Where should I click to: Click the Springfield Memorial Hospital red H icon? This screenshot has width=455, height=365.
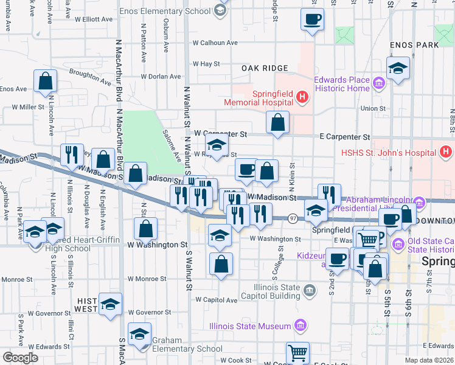(301, 96)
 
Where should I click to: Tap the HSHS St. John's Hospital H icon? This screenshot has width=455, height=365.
(446, 151)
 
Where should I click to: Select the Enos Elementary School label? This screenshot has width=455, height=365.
(172, 10)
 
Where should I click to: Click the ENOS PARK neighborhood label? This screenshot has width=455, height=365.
(414, 45)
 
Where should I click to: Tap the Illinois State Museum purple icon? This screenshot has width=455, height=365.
(300, 327)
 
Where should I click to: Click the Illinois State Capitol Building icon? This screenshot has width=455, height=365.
(310, 290)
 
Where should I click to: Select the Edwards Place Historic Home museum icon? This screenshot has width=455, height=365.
(379, 83)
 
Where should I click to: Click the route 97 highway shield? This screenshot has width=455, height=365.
(293, 218)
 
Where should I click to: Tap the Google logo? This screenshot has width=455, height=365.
(20, 358)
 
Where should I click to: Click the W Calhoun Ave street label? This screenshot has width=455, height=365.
(215, 43)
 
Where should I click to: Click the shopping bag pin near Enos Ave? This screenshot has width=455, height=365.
(45, 81)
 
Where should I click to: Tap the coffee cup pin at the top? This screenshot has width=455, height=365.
(312, 20)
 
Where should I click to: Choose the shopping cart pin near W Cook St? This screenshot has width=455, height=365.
(297, 352)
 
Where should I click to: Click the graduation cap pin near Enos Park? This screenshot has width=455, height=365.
(398, 68)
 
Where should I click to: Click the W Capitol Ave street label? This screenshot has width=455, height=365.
(215, 300)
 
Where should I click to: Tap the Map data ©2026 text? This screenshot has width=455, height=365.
(429, 360)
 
